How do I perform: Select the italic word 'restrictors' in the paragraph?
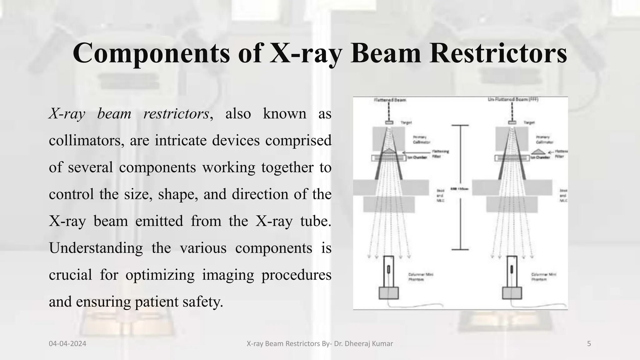[x=176, y=114]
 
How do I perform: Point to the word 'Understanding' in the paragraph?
[x=96, y=248]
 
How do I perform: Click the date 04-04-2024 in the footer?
[x=67, y=344]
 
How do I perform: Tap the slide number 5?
[x=589, y=344]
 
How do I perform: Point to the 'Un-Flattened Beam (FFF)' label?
[x=513, y=99]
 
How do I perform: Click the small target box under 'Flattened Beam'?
[x=389, y=123]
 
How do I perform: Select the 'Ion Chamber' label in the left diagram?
[x=417, y=157]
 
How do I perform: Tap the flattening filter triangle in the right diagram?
[x=538, y=152]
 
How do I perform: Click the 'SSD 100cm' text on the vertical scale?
[x=459, y=189]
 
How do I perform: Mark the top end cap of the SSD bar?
[x=460, y=125]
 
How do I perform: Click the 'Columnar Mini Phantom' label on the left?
[x=421, y=277]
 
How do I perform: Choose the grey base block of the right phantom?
[x=512, y=293]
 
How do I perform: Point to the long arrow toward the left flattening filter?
[x=416, y=152]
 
